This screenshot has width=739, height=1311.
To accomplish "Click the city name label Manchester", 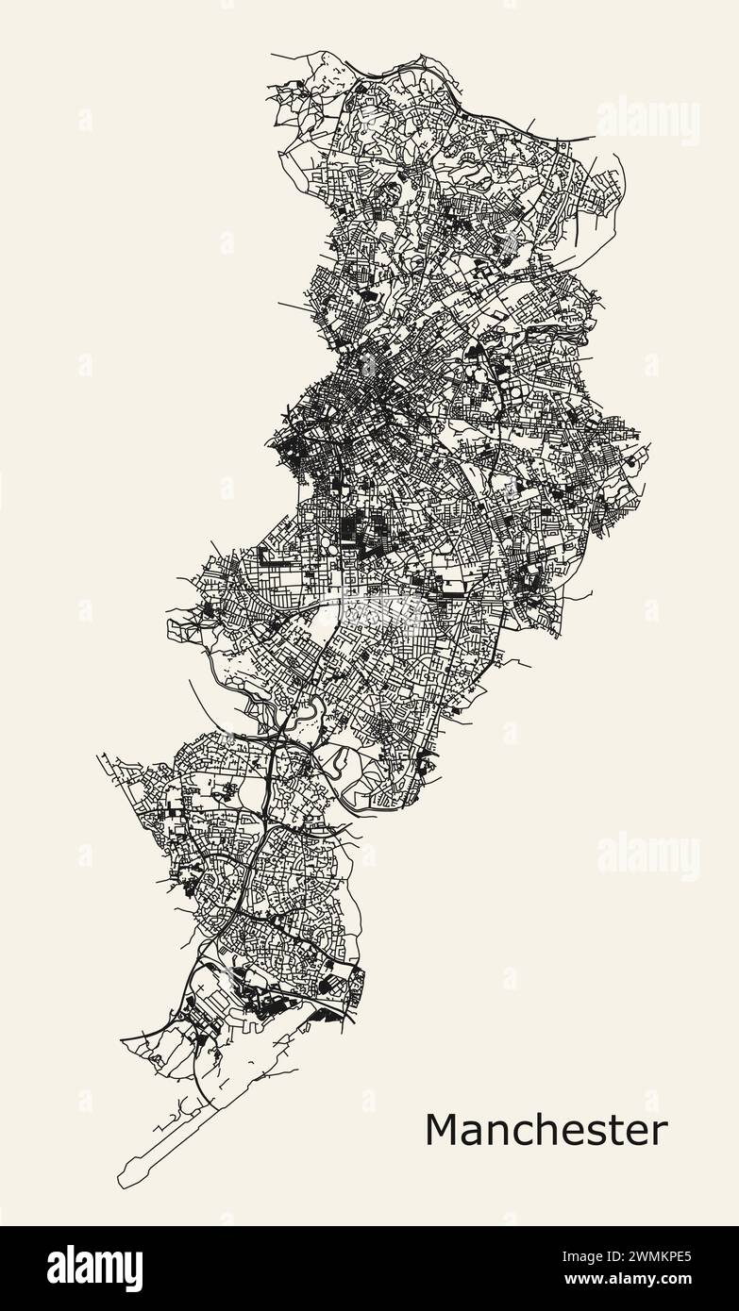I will tap(546, 1130).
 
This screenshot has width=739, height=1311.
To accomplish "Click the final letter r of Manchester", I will tap(659, 1130).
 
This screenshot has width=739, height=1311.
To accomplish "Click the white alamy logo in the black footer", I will tap(94, 1268).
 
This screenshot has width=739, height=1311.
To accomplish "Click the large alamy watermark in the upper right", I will tap(648, 122).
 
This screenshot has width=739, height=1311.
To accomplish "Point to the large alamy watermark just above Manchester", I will tap(648, 857).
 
